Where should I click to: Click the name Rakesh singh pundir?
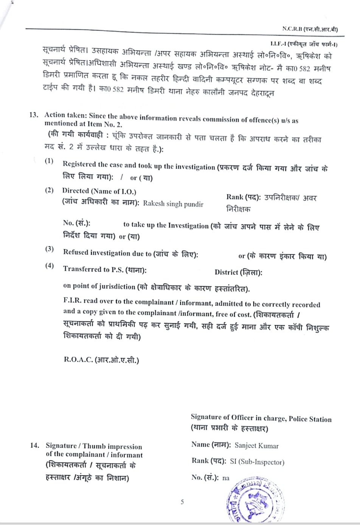coord(173,204)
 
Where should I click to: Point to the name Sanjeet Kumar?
coord(256,446)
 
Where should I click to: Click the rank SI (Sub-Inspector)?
coord(257,462)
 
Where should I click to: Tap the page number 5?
coord(182,502)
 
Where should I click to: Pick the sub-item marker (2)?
coord(49,190)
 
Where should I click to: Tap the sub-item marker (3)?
coord(49,249)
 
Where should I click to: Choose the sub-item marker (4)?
coord(49,265)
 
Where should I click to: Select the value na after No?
coord(226,478)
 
